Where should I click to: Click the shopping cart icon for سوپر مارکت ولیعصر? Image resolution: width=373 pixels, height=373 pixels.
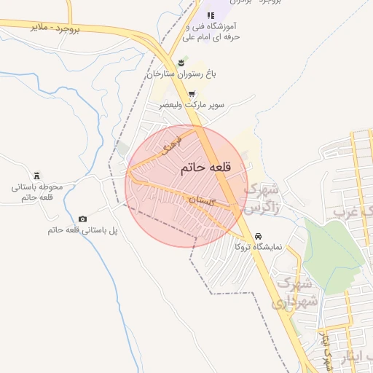192,94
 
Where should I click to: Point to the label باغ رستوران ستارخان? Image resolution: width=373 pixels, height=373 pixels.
181,74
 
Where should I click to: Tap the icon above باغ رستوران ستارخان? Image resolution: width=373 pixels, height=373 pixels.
181,60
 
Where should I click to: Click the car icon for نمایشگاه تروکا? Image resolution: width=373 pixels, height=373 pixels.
259,236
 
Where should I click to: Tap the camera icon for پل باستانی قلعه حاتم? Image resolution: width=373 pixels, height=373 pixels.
82,219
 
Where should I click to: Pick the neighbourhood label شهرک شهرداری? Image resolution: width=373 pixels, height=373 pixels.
295,291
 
